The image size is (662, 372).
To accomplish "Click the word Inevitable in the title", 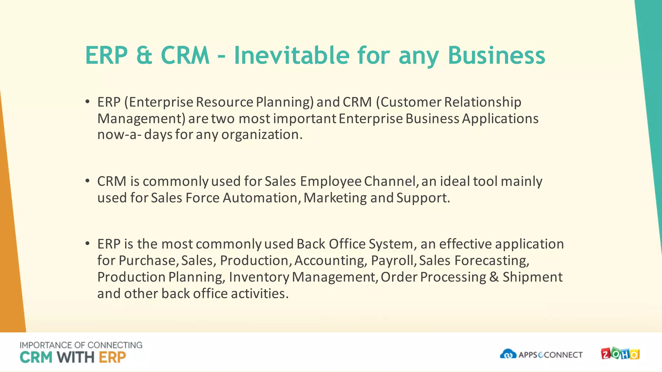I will pyautogui.click(x=291, y=55).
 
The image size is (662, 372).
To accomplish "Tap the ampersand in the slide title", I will pyautogui.click(x=144, y=55).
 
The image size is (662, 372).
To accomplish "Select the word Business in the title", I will pyautogui.click(x=496, y=55).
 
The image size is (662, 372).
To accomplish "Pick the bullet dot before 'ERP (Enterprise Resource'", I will pyautogui.click(x=87, y=102).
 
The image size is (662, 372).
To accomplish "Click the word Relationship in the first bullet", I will pyautogui.click(x=483, y=102).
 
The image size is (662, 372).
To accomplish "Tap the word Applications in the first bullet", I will pyautogui.click(x=500, y=119).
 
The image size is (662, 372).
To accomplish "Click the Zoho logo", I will pyautogui.click(x=620, y=354).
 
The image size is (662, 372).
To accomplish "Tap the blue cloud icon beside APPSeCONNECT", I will pyautogui.click(x=508, y=354).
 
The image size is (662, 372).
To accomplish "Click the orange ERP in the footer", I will pyautogui.click(x=112, y=357).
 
